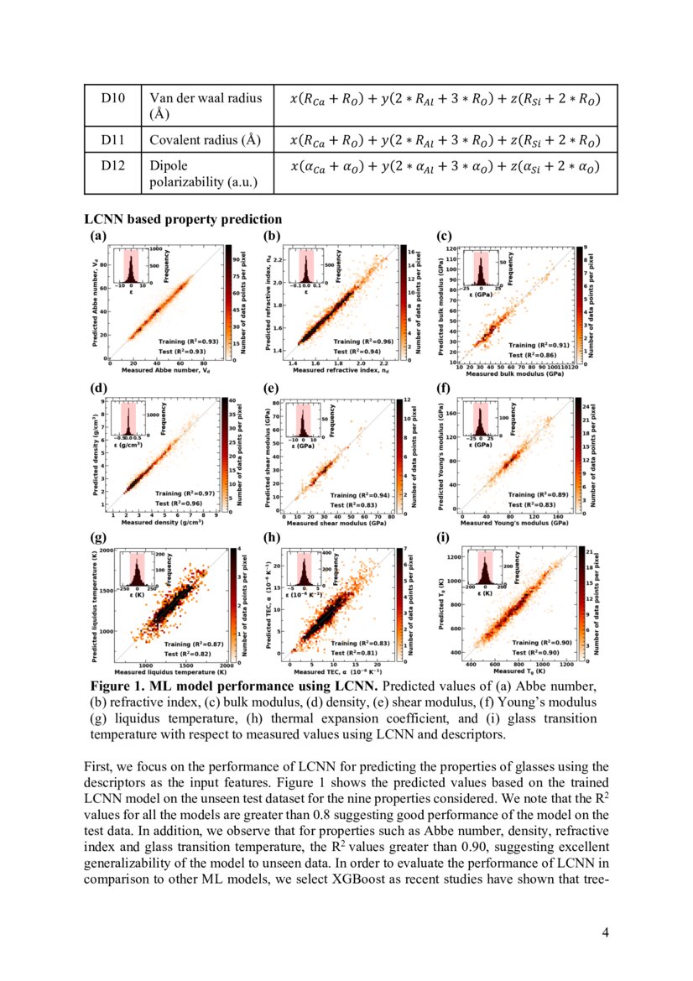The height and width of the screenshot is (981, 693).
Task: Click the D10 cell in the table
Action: click(112, 98)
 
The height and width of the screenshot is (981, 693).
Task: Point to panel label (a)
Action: click(98, 237)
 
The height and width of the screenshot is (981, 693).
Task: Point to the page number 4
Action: click(604, 932)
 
